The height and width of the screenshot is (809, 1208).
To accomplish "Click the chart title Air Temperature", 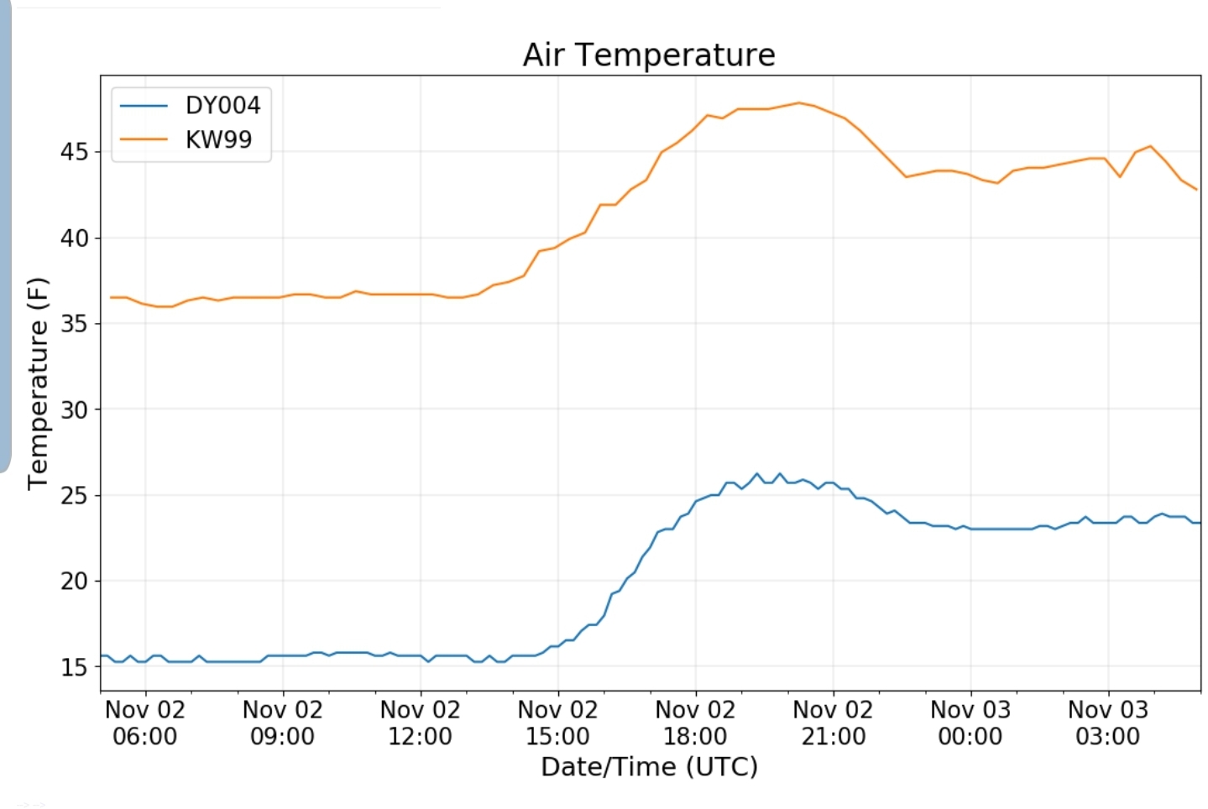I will [x=648, y=55].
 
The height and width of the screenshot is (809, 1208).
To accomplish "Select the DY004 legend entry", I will [x=222, y=106].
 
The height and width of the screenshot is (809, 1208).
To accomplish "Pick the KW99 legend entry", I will [x=218, y=139].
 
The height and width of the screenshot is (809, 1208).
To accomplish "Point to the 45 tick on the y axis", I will [x=74, y=152].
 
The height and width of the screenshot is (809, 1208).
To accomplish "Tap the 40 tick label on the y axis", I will [x=74, y=238].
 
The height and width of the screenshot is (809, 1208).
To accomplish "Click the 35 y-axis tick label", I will [x=74, y=324].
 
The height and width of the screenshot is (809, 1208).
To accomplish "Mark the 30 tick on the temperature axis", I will [x=74, y=410].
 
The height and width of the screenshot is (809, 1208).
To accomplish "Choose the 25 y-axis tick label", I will [x=74, y=495].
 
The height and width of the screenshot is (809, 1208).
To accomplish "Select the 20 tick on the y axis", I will [x=74, y=581].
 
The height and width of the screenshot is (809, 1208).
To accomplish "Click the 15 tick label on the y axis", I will [x=74, y=667].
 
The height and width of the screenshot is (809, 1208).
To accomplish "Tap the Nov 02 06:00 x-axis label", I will [x=145, y=723].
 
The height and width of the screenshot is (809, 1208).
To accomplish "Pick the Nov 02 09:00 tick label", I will [x=283, y=723].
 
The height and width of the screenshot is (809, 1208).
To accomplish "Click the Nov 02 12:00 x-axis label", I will [x=421, y=723].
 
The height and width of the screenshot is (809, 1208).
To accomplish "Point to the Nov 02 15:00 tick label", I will [x=557, y=723].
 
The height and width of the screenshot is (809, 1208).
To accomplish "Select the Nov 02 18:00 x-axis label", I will [x=695, y=723].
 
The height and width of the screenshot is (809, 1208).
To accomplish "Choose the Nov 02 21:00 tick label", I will [x=833, y=723].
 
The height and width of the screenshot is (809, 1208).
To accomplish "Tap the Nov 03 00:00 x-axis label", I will [x=970, y=723].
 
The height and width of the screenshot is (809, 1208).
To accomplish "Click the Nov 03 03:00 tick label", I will [x=1108, y=723].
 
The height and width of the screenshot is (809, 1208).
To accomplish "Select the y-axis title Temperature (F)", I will [x=39, y=384].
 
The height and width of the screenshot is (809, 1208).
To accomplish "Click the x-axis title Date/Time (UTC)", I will [x=649, y=767].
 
